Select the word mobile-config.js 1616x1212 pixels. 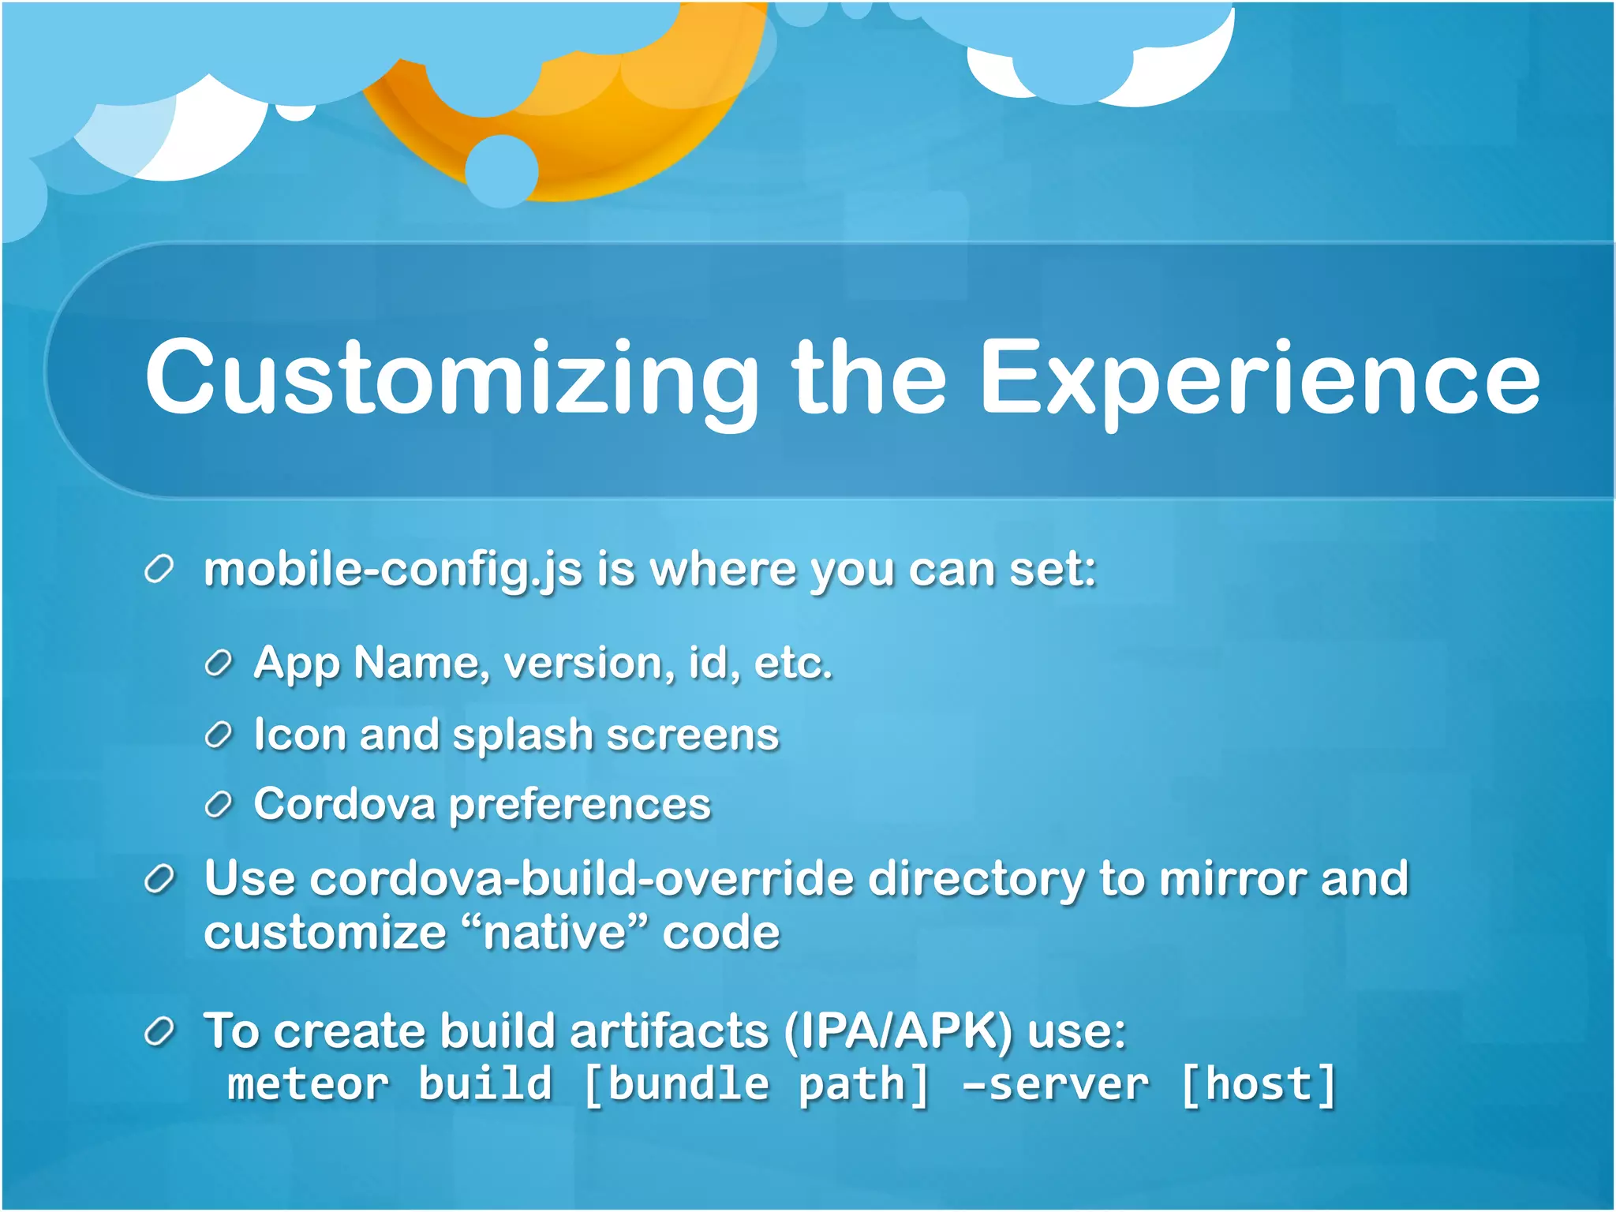click(393, 570)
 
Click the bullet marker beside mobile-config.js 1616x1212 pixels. click(159, 570)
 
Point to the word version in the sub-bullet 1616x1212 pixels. click(589, 664)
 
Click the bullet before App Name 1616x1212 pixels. click(218, 664)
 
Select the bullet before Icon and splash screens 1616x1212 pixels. click(218, 735)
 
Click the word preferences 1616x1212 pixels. click(580, 806)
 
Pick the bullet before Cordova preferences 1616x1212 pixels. click(218, 805)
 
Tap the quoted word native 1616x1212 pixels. click(555, 933)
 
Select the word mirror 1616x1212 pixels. click(1233, 878)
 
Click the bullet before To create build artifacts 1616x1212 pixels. click(159, 1031)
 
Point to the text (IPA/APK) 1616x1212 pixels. click(899, 1031)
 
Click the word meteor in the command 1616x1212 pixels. click(309, 1084)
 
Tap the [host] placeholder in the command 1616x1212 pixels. click(1259, 1084)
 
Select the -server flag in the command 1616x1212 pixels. click(1055, 1084)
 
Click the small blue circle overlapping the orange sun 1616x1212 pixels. click(502, 170)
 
